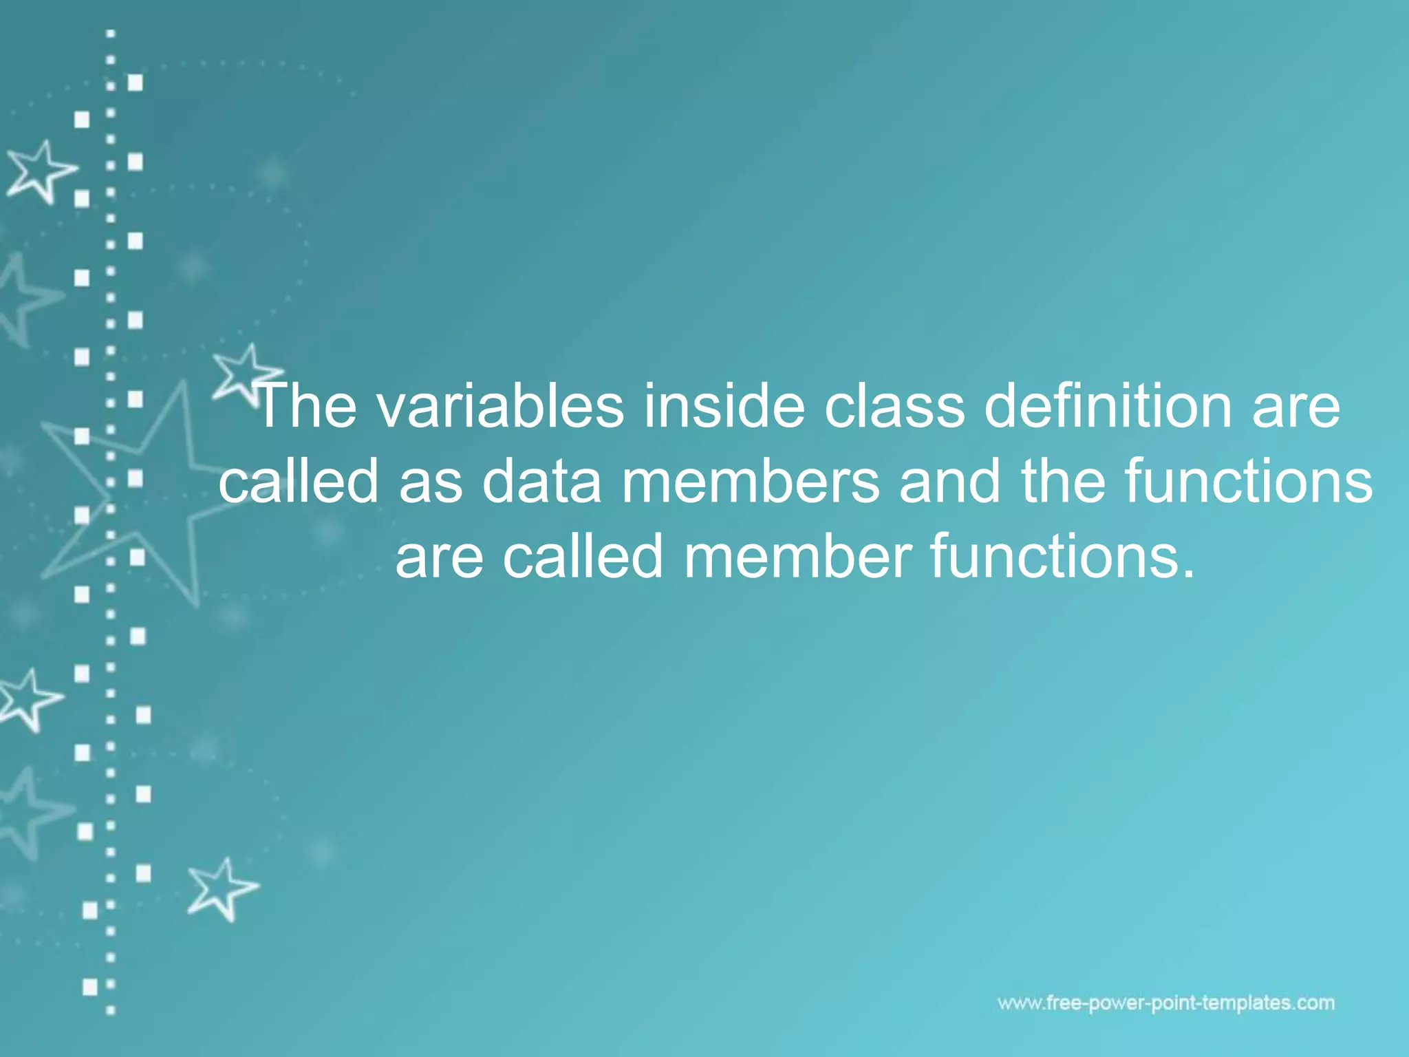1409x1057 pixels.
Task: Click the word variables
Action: click(500, 406)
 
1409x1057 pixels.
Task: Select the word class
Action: click(895, 406)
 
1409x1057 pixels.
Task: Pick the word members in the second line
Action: click(751, 481)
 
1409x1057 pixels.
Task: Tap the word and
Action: click(950, 481)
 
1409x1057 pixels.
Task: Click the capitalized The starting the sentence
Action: click(306, 406)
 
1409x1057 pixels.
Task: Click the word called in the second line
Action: click(299, 481)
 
